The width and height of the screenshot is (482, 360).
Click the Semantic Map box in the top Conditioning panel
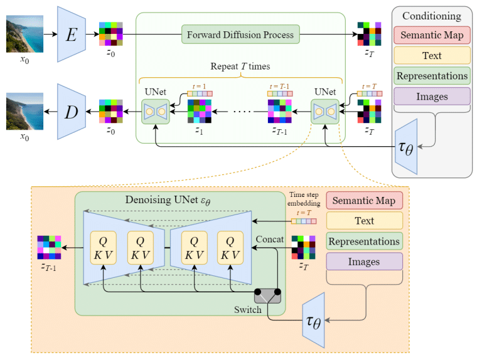(x=431, y=35)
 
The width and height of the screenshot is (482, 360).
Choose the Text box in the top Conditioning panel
(x=431, y=56)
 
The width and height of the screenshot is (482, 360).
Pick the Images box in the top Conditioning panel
(x=431, y=97)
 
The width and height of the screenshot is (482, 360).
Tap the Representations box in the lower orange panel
(x=365, y=241)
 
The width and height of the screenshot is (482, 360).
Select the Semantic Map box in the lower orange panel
(x=365, y=201)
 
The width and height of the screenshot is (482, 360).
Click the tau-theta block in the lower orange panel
(x=313, y=320)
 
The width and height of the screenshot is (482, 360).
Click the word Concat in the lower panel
(x=270, y=239)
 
